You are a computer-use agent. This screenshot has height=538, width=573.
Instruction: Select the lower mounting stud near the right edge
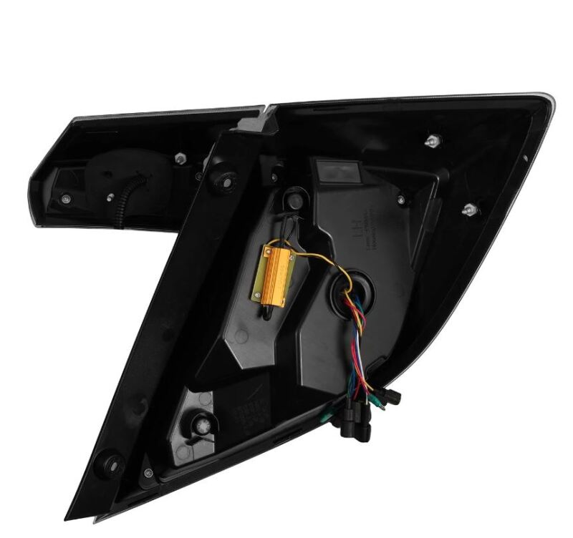pyautogui.click(x=470, y=210)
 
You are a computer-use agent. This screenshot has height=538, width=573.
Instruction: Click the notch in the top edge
pyautogui.click(x=267, y=112)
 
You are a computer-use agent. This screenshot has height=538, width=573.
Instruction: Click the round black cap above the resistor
pyautogui.click(x=293, y=196)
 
